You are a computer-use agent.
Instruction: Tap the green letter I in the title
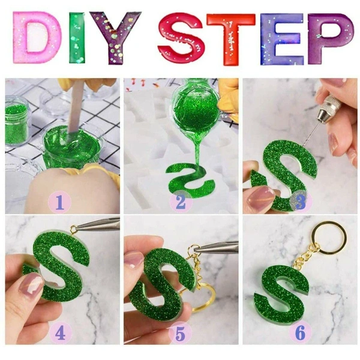pyautogui.click(x=77, y=37)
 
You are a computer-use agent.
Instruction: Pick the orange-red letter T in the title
pyautogui.click(x=230, y=39)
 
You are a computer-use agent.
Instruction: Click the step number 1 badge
pyautogui.click(x=59, y=202)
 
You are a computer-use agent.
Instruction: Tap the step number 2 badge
pyautogui.click(x=181, y=202)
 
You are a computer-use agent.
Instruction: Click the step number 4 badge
pyautogui.click(x=61, y=333)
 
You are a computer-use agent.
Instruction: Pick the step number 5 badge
pyautogui.click(x=180, y=334)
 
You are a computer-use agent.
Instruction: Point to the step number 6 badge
pyautogui.click(x=300, y=333)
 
